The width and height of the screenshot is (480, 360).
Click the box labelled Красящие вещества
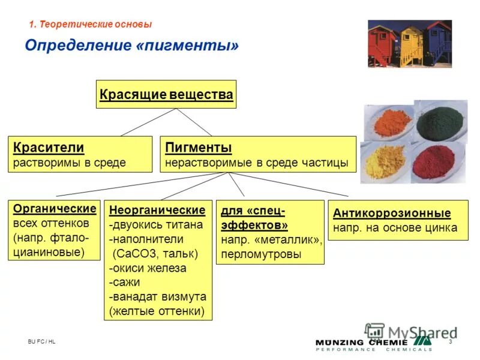pyautogui.click(x=166, y=94)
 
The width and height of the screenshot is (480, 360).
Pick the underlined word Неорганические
pyautogui.click(x=158, y=211)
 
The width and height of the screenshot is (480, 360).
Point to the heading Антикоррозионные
pyautogui.click(x=392, y=214)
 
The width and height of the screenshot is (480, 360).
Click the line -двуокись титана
pyautogui.click(x=156, y=225)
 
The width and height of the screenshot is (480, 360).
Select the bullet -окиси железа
pyautogui.click(x=148, y=268)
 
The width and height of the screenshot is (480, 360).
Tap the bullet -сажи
pyautogui.click(x=125, y=283)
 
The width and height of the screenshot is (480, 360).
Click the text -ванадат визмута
pyautogui.click(x=158, y=297)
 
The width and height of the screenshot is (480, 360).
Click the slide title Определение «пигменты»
pyautogui.click(x=131, y=46)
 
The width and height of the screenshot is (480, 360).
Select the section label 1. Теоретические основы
pyautogui.click(x=91, y=25)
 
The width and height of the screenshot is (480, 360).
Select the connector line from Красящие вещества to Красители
pyautogui.click(x=148, y=122)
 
